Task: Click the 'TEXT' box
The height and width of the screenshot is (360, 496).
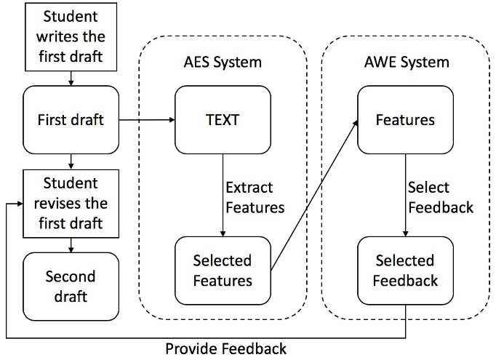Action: pos(222,120)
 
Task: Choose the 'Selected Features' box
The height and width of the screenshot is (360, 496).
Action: pos(222,270)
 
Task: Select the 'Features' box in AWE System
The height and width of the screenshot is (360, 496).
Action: pos(405,120)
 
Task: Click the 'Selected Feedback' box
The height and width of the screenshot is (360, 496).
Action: pos(405,270)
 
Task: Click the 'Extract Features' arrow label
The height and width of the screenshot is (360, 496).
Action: pos(255,196)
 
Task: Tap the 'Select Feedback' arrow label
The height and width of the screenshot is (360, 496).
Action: pos(440,196)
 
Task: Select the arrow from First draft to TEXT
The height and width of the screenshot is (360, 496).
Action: pos(145,120)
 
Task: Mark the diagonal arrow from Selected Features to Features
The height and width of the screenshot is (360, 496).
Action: pos(314,195)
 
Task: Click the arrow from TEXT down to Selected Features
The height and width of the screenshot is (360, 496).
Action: pos(222,193)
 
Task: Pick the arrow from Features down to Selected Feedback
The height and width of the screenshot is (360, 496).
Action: pos(405,193)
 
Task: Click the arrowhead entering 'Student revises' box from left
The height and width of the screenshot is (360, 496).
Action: pos(18,204)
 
